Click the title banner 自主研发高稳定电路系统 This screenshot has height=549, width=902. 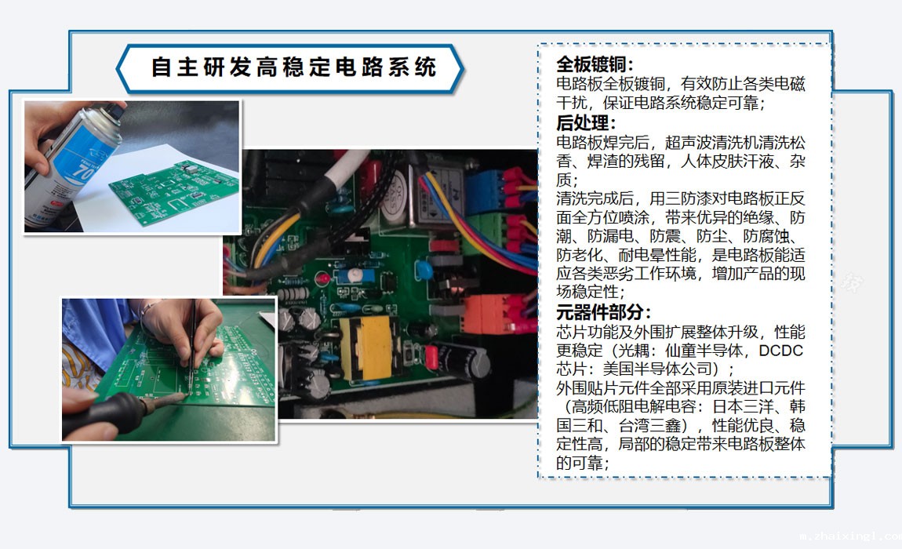(290, 68)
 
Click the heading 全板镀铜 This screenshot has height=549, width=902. (595, 64)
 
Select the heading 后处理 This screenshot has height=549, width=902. (586, 122)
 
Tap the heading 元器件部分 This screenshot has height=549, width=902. (603, 312)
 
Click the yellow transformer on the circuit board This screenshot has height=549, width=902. (367, 347)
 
